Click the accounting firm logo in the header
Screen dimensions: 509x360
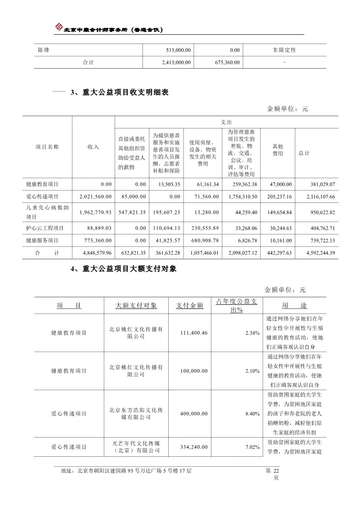coord(58,27)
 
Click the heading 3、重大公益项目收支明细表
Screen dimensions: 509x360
coord(119,92)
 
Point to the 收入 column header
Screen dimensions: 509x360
coord(93,147)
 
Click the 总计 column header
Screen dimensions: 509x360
coord(304,153)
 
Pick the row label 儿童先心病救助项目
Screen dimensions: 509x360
coord(47,212)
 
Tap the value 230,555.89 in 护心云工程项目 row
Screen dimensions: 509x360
coord(204,228)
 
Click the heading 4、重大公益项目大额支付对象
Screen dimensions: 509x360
coord(123,270)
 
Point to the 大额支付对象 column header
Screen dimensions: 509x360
coord(136,306)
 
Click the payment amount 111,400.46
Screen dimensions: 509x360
coord(193,333)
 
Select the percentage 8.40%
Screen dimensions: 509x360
coord(252,413)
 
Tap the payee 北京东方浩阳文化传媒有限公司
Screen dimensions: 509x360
coord(136,414)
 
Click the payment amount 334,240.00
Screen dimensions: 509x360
coord(194,447)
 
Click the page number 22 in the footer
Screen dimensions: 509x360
coord(275,471)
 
